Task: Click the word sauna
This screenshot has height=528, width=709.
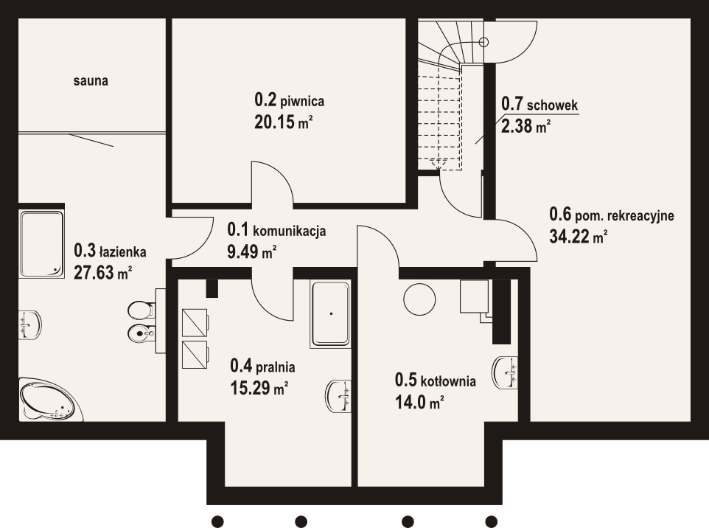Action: click(91, 81)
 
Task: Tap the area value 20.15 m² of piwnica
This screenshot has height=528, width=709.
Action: click(284, 122)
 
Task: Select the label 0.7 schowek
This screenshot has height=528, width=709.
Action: click(539, 105)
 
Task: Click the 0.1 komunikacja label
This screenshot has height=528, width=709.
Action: click(276, 230)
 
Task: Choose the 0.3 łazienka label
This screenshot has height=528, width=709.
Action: click(110, 250)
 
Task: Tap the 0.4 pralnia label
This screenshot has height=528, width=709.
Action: click(262, 366)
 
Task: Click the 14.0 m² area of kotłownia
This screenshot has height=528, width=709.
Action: click(419, 402)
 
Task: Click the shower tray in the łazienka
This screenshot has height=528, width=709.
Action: click(41, 243)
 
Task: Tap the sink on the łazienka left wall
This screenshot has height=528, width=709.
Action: click(29, 324)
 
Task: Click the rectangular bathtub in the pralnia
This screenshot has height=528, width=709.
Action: click(330, 314)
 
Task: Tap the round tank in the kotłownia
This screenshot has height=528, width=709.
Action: click(419, 299)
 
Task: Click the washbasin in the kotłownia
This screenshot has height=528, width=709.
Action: click(506, 372)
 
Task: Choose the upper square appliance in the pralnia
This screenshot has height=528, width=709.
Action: click(195, 322)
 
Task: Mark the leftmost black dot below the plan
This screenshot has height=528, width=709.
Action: click(217, 521)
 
